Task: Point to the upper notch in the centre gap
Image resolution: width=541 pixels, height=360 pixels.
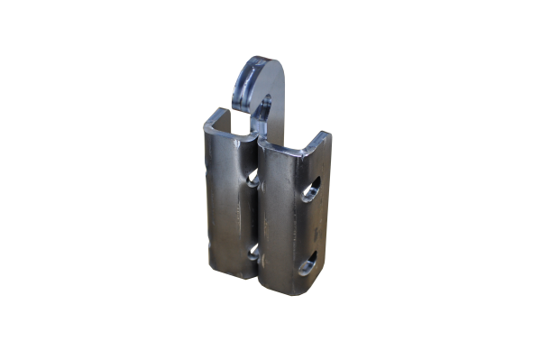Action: click(x=255, y=181)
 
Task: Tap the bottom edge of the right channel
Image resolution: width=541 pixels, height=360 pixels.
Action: click(x=280, y=297)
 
